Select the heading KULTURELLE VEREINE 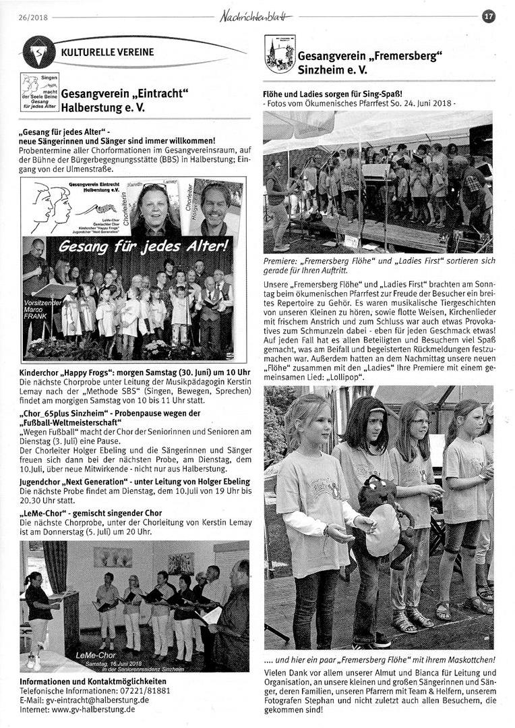(x=107, y=52)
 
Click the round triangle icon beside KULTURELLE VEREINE (x=39, y=51)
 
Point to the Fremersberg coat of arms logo (x=279, y=54)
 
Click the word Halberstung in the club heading (x=91, y=107)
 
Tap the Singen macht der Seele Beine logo (x=40, y=92)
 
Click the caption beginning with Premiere (x=377, y=264)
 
